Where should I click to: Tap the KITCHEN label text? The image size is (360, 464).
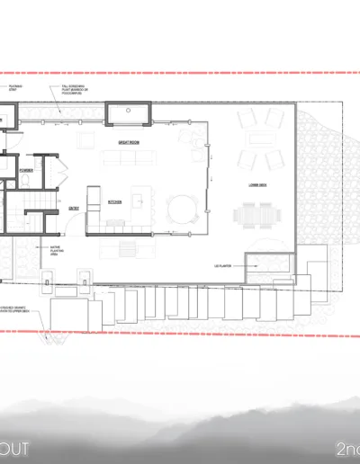point(114,202)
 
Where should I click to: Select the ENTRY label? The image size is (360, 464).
point(74,208)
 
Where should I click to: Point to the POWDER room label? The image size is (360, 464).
point(26,168)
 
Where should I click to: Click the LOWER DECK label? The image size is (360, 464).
point(257,185)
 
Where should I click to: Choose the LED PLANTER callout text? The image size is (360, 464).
point(224,266)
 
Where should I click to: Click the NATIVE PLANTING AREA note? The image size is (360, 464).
point(49,252)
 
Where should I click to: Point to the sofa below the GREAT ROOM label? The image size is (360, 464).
point(128,158)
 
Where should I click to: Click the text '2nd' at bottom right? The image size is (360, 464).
point(346,448)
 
